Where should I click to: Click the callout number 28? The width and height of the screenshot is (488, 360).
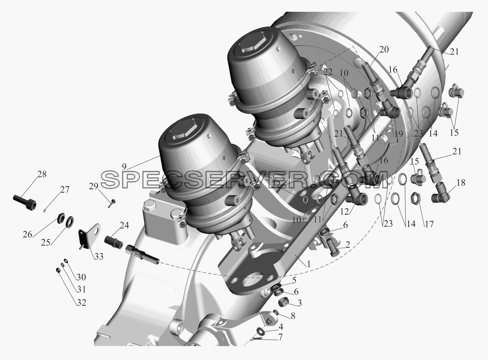pos(42,174)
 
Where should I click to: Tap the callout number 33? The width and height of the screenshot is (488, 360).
pos(99,256)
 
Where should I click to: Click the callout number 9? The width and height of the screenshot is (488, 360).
pos(124,167)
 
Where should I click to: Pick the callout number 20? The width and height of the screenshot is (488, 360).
pos(384,49)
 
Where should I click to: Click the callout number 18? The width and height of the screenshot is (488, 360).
pos(461,183)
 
